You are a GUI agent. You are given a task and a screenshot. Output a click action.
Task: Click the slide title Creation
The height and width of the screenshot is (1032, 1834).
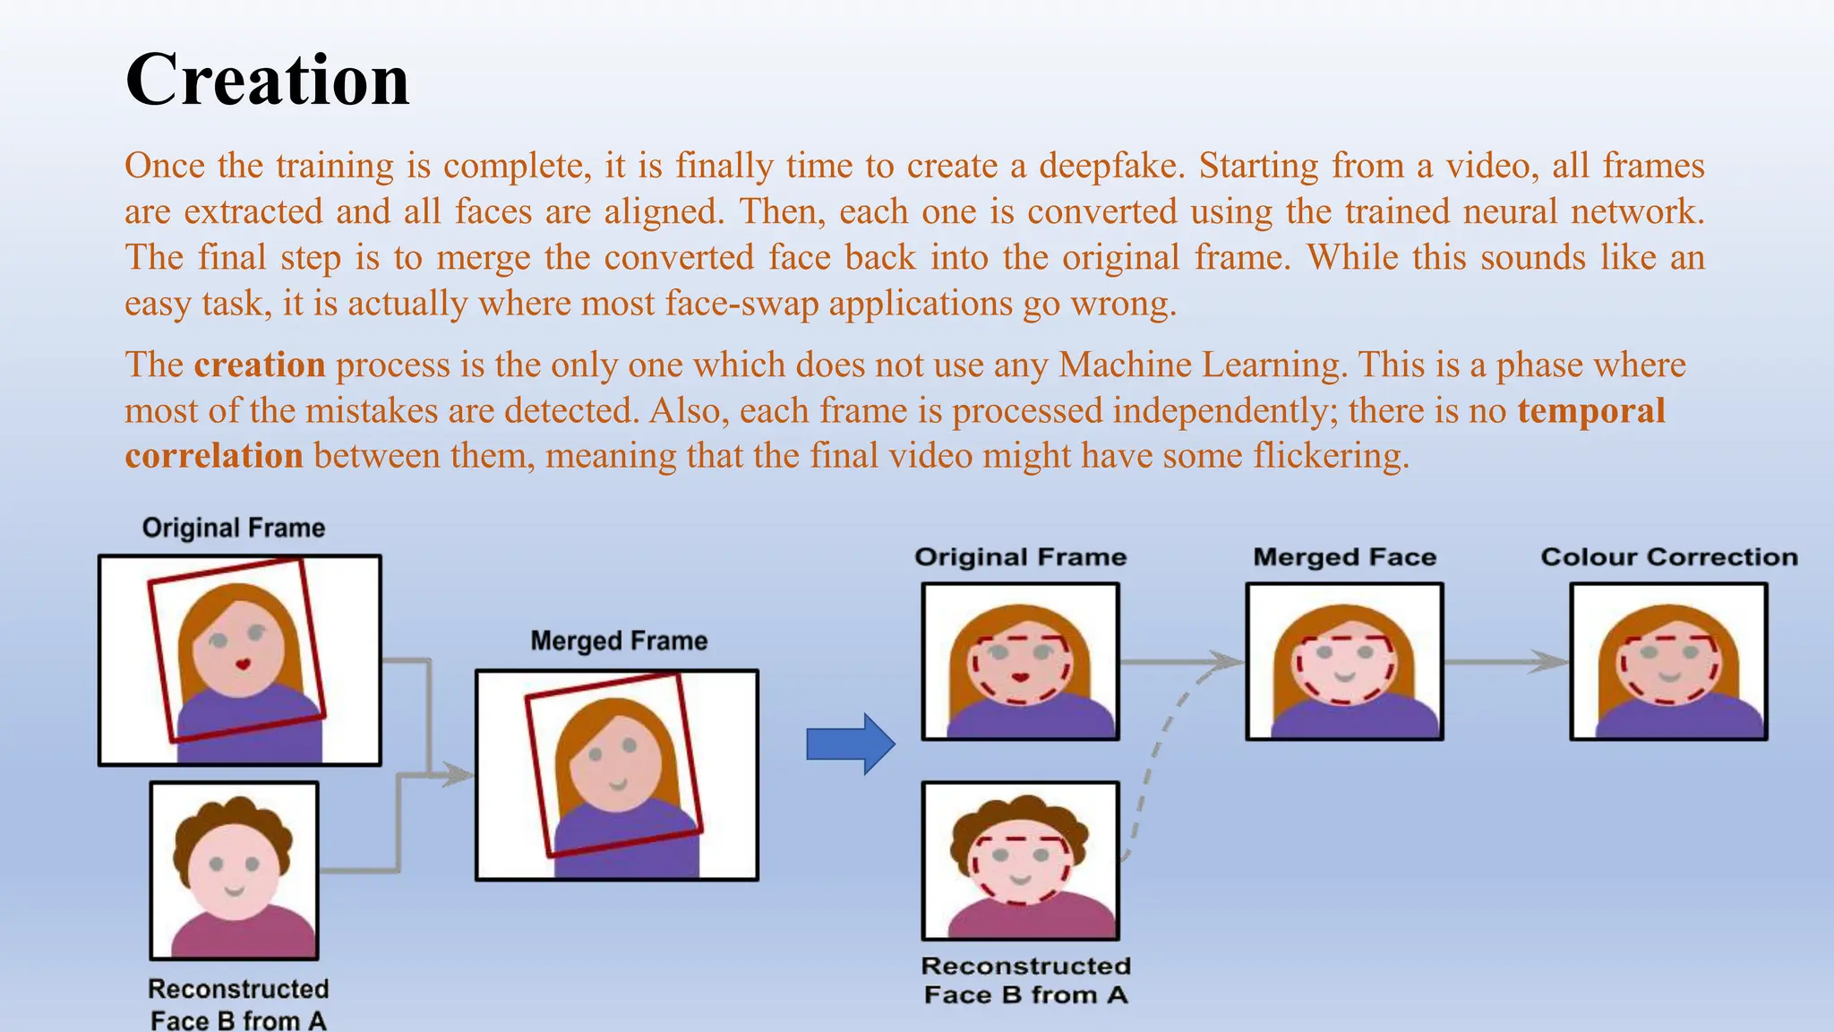pyautogui.click(x=267, y=81)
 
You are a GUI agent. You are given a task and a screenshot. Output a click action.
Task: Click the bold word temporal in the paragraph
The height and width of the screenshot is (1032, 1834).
pyautogui.click(x=1590, y=410)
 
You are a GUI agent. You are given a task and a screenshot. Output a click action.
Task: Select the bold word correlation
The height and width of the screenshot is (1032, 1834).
pyautogui.click(x=214, y=456)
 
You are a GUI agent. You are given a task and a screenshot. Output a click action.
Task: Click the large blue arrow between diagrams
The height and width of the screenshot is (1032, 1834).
pyautogui.click(x=850, y=744)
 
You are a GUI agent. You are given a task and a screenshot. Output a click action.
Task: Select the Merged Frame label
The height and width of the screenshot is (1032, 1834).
pyautogui.click(x=619, y=641)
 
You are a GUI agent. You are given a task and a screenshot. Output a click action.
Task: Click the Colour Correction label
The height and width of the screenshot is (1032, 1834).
pyautogui.click(x=1668, y=557)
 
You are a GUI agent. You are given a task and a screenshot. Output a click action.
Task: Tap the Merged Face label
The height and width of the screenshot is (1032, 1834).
pyautogui.click(x=1344, y=557)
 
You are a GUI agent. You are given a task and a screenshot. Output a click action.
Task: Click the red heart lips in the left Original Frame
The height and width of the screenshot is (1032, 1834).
pyautogui.click(x=242, y=664)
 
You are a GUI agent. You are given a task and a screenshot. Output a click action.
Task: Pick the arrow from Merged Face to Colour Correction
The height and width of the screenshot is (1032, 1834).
pyautogui.click(x=1504, y=662)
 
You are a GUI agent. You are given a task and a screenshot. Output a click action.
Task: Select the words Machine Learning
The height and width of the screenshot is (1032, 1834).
pyautogui.click(x=1201, y=365)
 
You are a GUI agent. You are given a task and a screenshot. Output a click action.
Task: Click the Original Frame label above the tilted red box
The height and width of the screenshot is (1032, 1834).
pyautogui.click(x=234, y=528)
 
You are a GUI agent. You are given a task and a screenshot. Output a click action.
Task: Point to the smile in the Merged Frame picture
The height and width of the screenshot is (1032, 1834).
pyautogui.click(x=618, y=785)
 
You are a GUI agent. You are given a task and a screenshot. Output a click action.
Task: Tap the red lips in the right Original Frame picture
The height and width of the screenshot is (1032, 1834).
pyautogui.click(x=1020, y=676)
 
